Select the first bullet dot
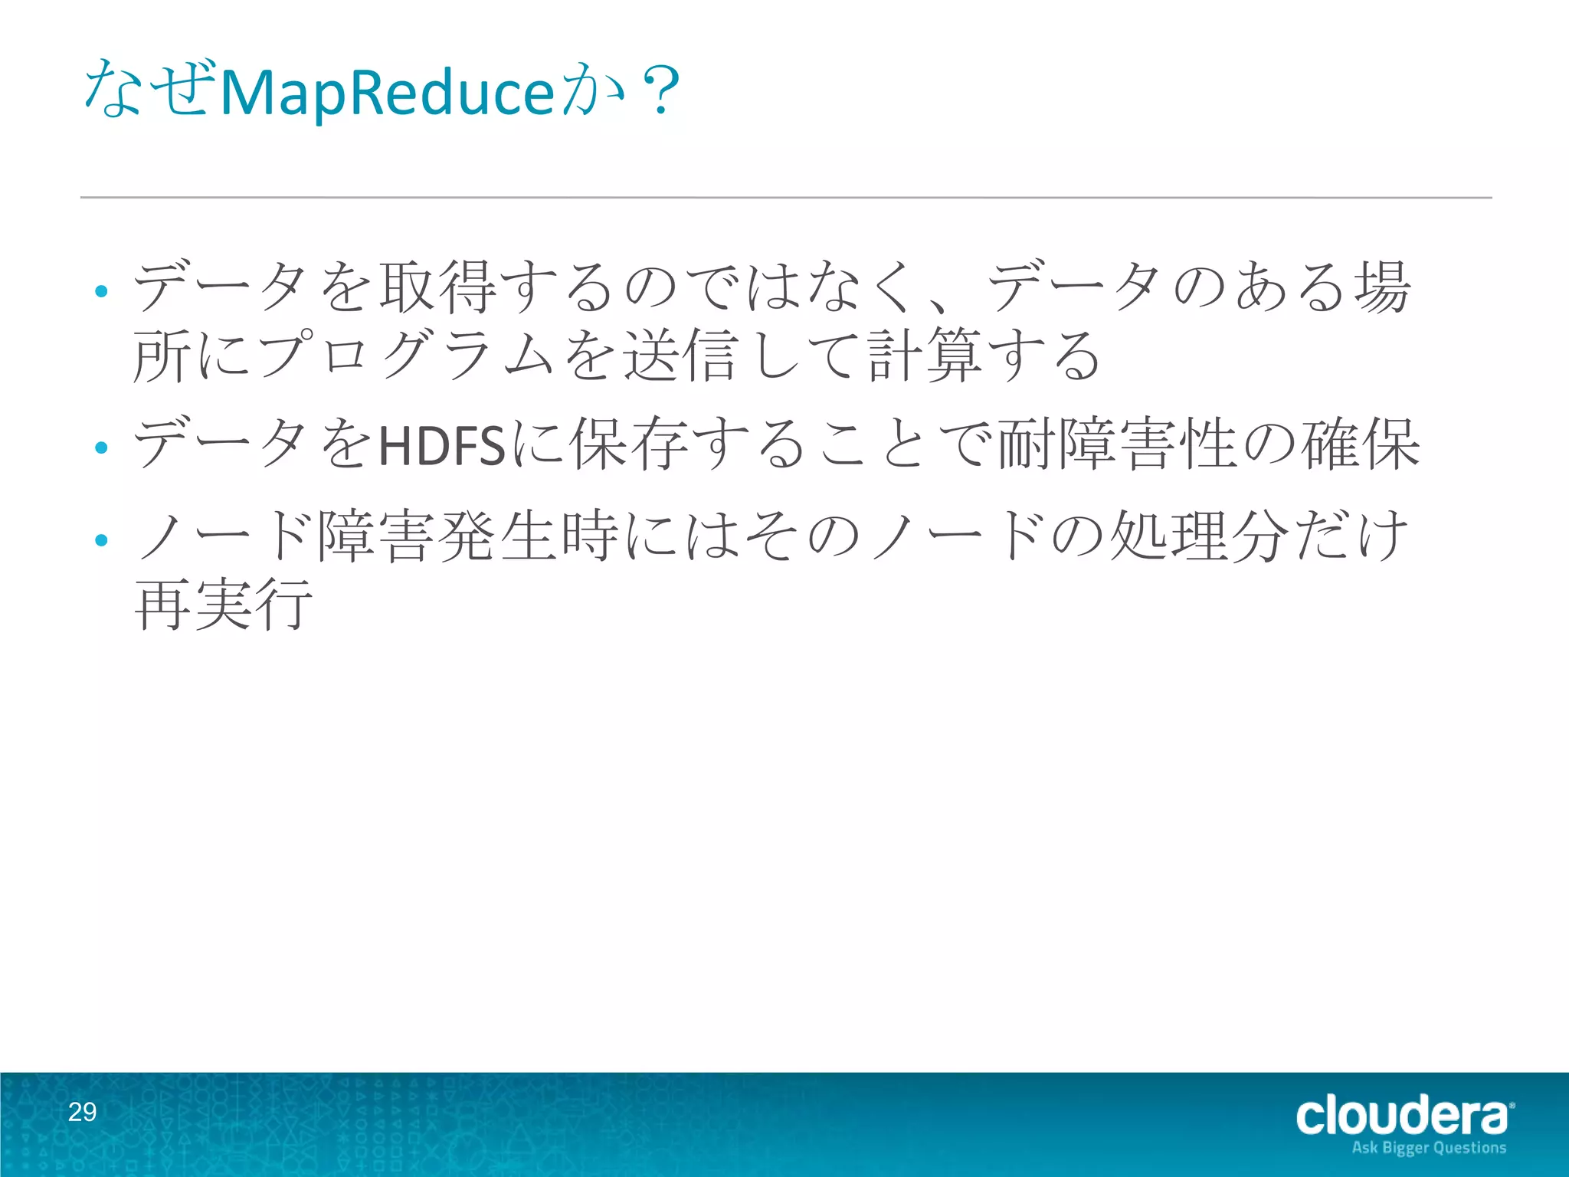click(101, 291)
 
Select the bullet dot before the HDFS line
click(101, 447)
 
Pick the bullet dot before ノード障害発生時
click(101, 540)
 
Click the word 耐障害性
click(1118, 444)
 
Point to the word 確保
click(1360, 444)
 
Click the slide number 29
click(83, 1112)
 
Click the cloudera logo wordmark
click(1403, 1115)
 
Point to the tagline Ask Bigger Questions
click(1429, 1148)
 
